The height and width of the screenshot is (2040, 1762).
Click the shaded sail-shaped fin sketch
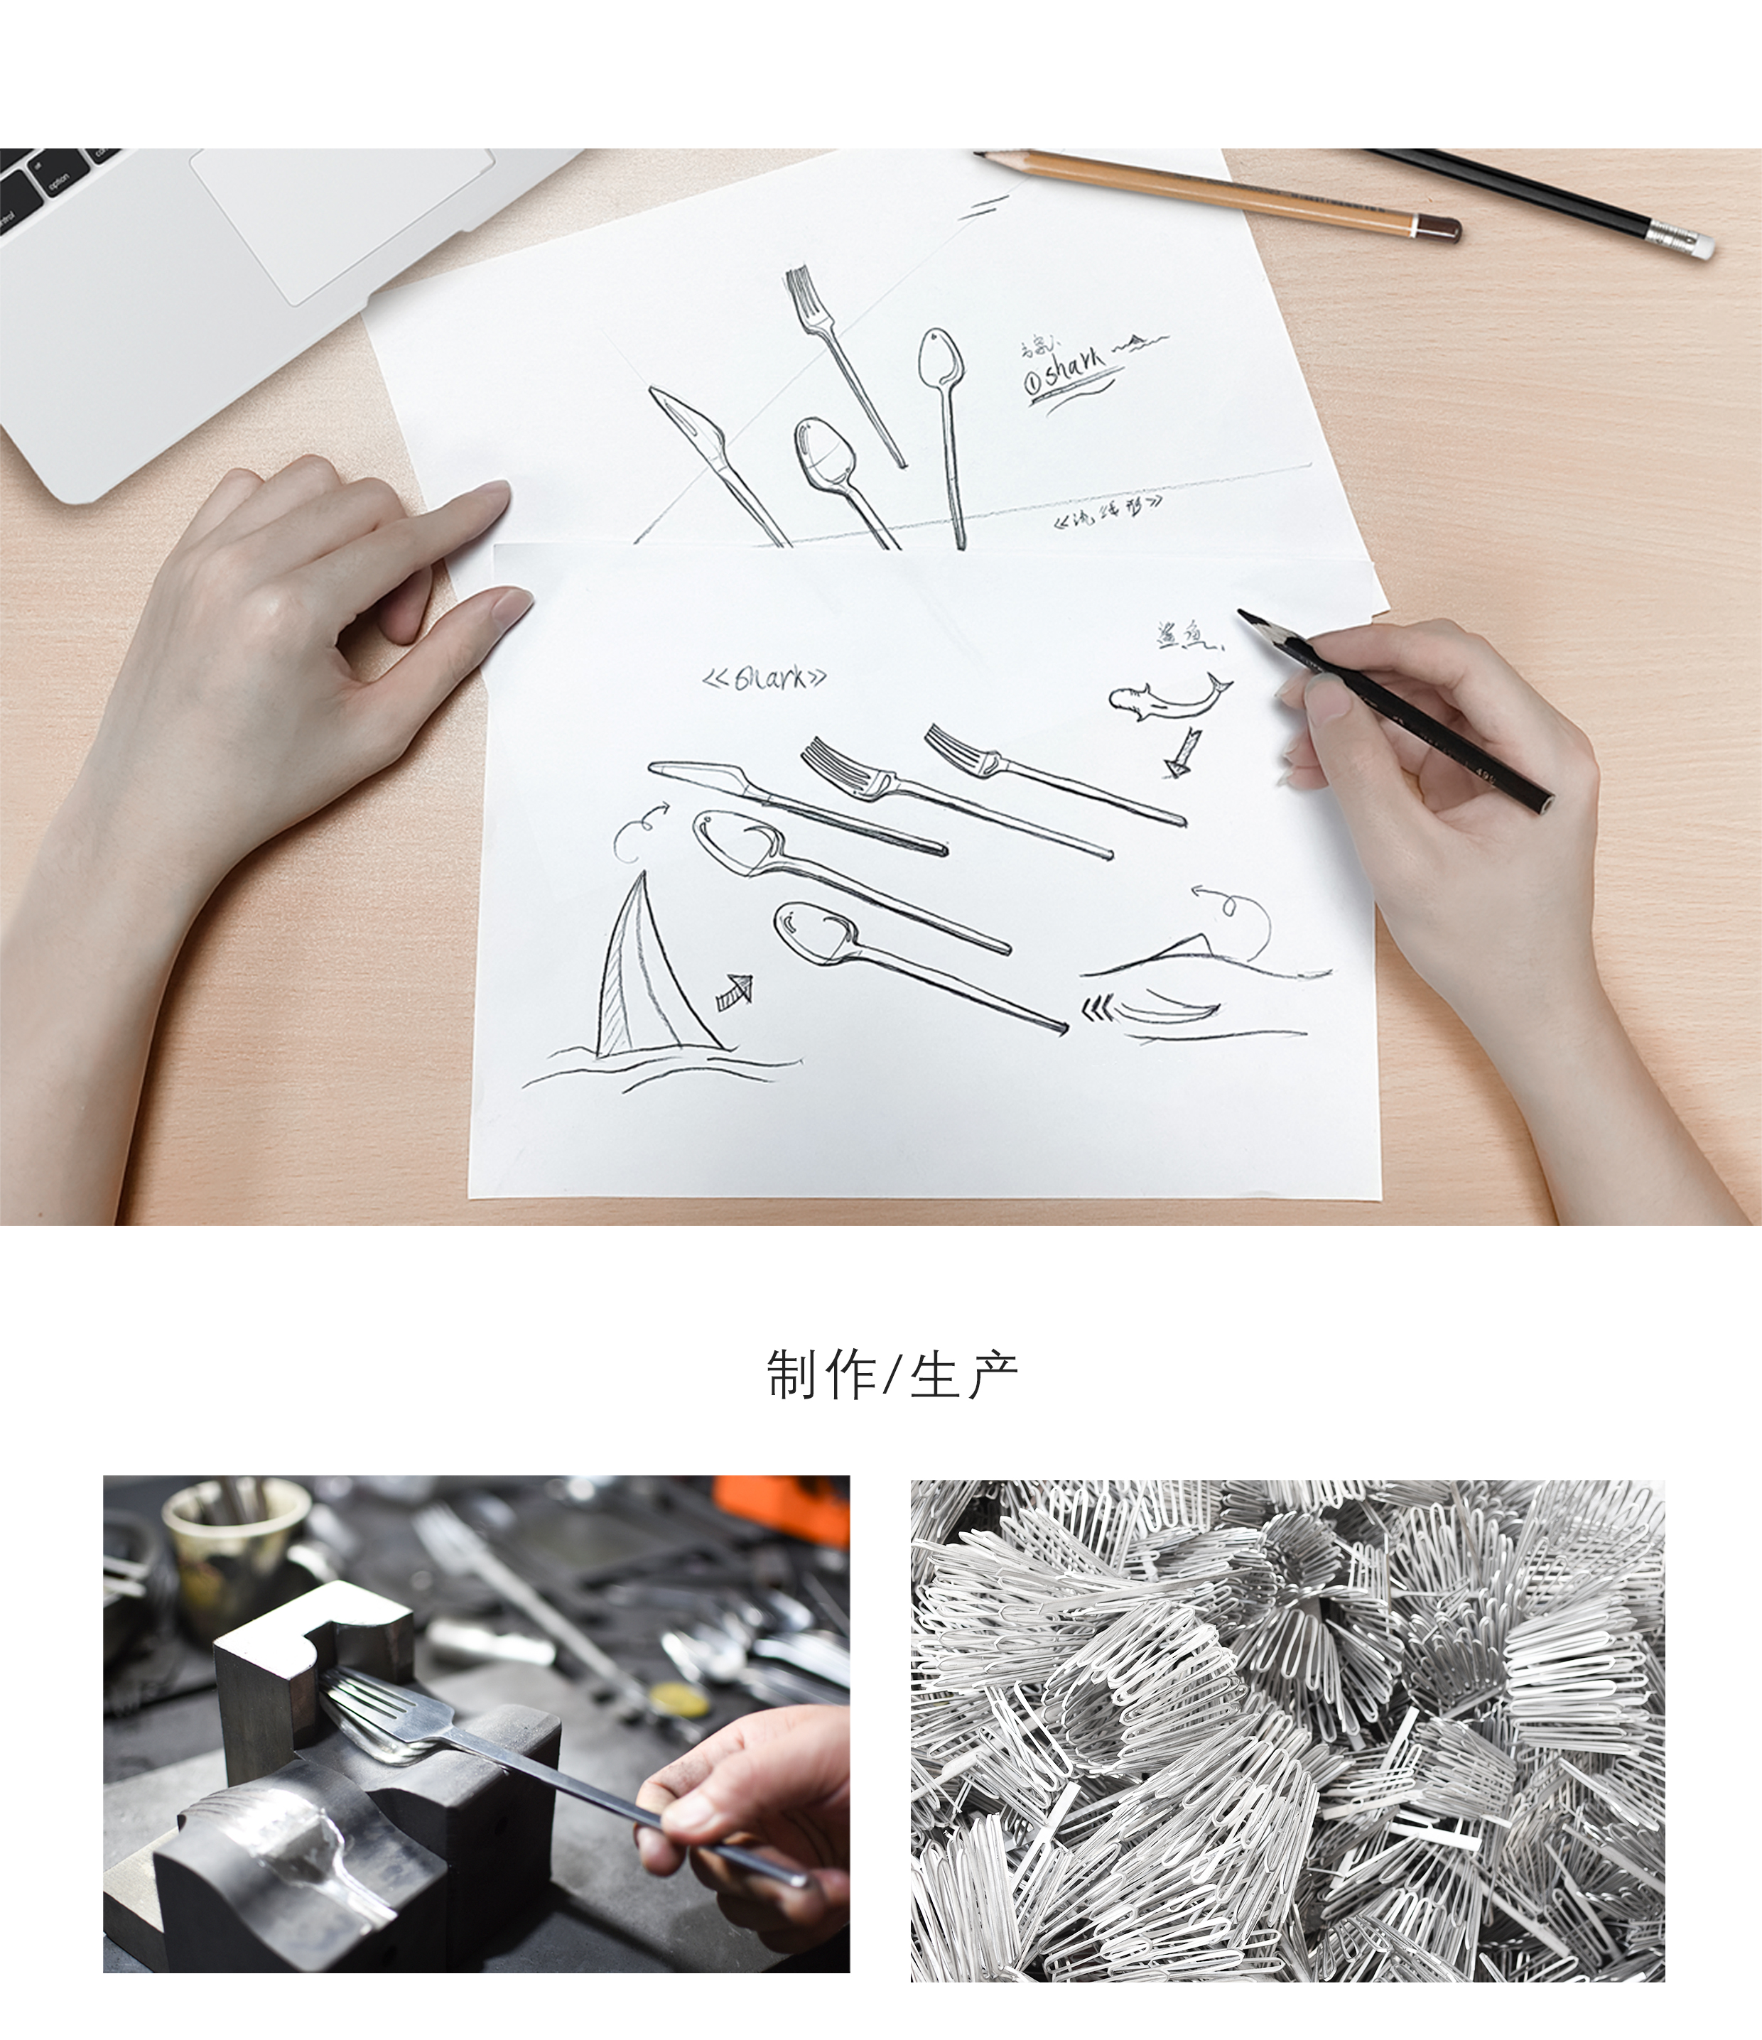(x=640, y=968)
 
